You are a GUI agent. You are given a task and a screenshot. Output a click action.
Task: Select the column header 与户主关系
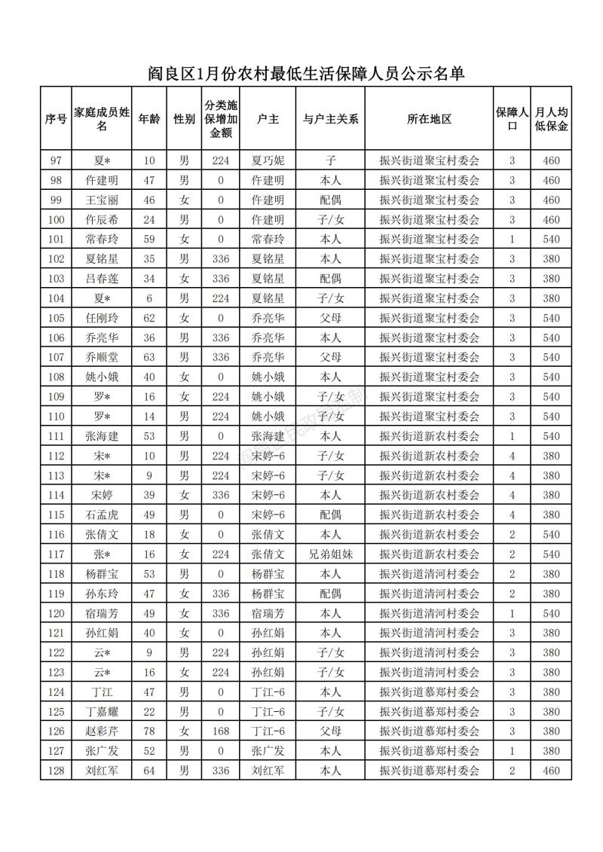click(330, 119)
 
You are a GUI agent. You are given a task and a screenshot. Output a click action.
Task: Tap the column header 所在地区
click(429, 119)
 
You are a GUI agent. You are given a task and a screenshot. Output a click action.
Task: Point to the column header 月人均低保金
click(551, 119)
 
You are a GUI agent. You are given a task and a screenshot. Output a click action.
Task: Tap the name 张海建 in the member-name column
click(103, 435)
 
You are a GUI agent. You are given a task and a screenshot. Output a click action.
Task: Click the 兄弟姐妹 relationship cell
click(330, 554)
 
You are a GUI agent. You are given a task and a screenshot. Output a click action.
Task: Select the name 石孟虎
click(103, 515)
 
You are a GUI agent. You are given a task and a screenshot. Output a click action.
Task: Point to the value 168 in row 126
click(221, 731)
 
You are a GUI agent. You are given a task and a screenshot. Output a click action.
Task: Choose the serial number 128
click(56, 771)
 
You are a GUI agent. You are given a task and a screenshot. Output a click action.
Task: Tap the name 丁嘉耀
click(103, 712)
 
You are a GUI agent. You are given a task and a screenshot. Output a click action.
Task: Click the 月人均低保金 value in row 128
click(551, 771)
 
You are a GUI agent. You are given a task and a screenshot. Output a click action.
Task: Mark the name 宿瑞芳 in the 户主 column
click(268, 613)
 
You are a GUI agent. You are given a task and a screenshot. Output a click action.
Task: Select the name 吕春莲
click(103, 279)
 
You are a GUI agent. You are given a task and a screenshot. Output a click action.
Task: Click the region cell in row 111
click(429, 435)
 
